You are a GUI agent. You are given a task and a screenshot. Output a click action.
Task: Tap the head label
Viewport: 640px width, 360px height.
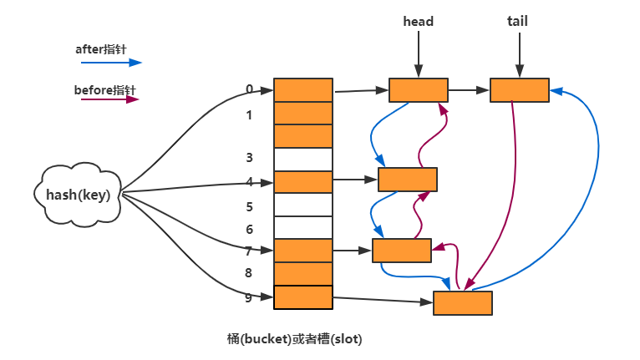[418, 22]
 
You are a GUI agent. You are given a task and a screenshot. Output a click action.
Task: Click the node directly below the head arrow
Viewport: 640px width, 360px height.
[418, 89]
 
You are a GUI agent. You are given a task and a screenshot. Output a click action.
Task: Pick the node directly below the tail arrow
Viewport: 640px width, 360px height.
[520, 89]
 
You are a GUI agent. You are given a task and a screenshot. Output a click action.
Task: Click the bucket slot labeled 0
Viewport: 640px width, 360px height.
[303, 89]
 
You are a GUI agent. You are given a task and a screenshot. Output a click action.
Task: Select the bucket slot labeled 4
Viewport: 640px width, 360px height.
[303, 181]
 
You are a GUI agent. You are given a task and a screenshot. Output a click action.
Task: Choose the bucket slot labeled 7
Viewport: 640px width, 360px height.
[303, 250]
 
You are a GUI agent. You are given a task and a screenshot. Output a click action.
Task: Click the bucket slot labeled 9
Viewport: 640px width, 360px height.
[303, 297]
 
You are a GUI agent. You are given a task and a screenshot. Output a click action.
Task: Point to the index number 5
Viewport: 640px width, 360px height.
[249, 206]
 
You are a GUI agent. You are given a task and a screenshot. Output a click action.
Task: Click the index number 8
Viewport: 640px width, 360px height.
[249, 272]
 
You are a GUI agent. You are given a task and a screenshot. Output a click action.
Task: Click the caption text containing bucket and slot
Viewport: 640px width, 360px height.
[295, 339]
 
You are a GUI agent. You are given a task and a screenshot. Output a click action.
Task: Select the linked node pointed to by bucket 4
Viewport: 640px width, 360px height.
[408, 180]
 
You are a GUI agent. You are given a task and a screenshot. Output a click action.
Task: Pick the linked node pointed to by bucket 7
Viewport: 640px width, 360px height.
[402, 250]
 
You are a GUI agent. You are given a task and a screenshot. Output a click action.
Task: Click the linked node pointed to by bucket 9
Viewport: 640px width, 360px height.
[462, 302]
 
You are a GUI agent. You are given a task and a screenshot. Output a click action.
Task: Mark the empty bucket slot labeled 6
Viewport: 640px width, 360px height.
[303, 227]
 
